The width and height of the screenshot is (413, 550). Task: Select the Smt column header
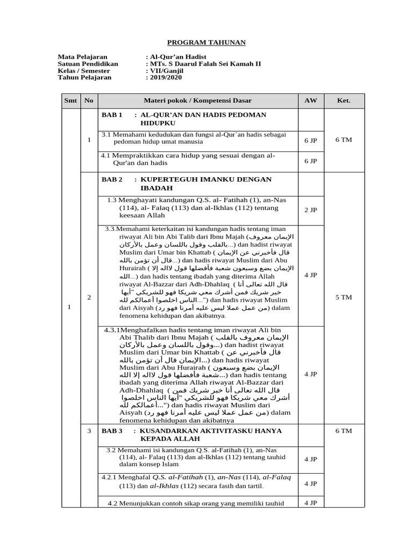pos(70,100)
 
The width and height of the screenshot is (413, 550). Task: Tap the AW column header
pos(311,100)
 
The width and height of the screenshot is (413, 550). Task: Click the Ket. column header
pos(344,100)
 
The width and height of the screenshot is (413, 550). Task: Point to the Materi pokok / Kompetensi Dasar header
pos(197,100)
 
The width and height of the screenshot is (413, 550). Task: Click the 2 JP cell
pos(311,209)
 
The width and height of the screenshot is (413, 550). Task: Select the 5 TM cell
pos(344,296)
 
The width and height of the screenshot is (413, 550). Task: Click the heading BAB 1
pos(112,115)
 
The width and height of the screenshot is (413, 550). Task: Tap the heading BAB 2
pos(112,179)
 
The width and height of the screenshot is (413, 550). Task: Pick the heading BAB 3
pos(112,431)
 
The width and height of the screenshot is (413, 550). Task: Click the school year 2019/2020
pos(166,77)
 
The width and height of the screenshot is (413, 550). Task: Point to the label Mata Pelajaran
pos(82,56)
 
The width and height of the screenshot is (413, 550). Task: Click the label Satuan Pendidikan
pos(88,63)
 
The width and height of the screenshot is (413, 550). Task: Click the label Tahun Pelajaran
pos(84,77)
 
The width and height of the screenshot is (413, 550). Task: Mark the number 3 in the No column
pos(89,431)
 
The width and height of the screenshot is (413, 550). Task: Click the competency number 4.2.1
pos(111,477)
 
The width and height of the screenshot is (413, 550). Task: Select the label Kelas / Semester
pos(84,70)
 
